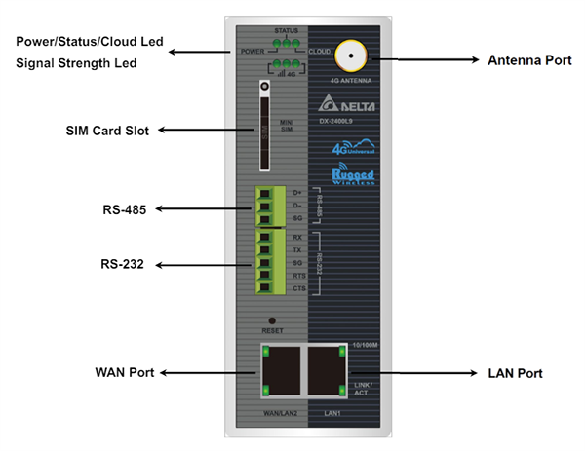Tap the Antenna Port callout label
(529, 60)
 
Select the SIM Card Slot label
(100, 130)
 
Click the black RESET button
(272, 320)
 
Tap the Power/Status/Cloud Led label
(89, 44)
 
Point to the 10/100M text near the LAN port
(362, 345)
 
